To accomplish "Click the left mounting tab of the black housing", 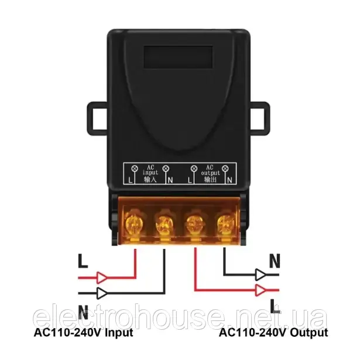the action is [97, 118].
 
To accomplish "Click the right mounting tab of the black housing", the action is [260, 118].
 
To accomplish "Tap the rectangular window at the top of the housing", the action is [178, 57].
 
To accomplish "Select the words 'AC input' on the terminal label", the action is [150, 170].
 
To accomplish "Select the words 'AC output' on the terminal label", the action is [210, 170].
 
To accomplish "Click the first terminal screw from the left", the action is [134, 224].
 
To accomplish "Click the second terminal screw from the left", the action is [164, 224].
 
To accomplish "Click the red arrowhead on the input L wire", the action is [101, 278].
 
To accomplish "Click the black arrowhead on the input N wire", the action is [101, 293].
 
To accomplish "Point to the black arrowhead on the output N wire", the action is [260, 275].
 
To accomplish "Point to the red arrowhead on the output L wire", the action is [260, 290].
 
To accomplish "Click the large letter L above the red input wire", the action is [83, 261].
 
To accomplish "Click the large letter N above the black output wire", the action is [275, 261].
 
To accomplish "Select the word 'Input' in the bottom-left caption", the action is [119, 333].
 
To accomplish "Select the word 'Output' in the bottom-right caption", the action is [309, 333].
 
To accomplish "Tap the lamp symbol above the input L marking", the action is [134, 168].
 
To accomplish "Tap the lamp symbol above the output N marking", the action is [225, 168].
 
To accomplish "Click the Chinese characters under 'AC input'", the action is [150, 179].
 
